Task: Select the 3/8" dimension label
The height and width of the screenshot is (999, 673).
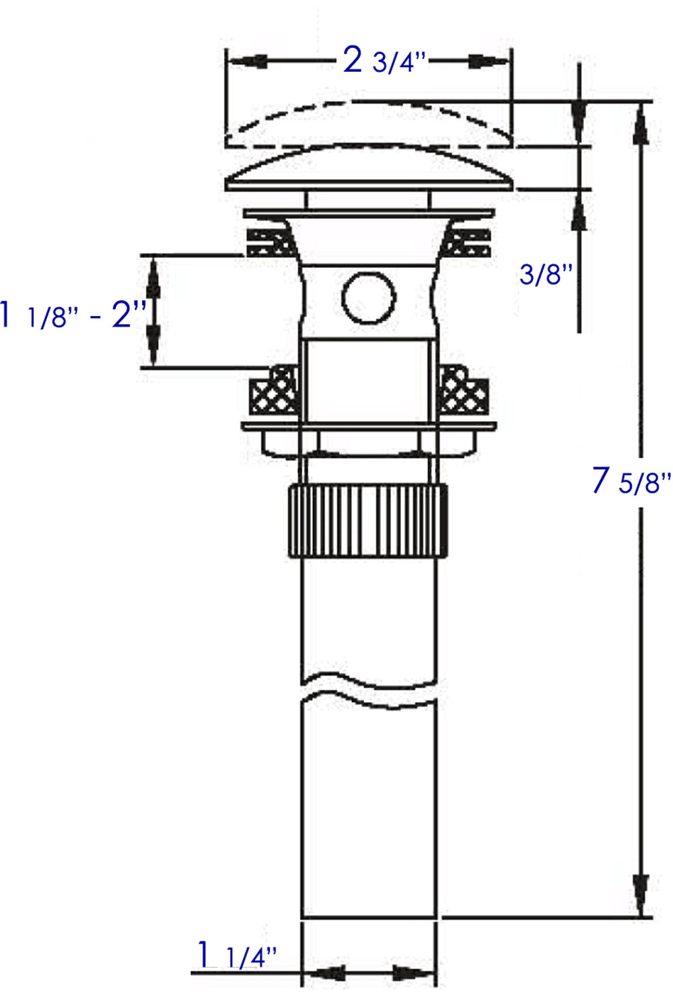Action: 545,274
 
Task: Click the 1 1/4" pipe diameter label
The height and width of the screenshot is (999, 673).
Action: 236,956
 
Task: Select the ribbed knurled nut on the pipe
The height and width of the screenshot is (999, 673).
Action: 368,520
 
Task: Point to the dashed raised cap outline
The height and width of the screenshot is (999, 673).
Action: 369,121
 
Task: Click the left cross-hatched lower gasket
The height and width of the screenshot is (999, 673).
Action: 274,392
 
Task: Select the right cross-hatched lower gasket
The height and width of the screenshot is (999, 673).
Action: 464,392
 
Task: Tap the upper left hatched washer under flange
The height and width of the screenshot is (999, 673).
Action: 271,243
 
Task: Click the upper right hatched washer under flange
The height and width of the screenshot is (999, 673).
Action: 467,243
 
